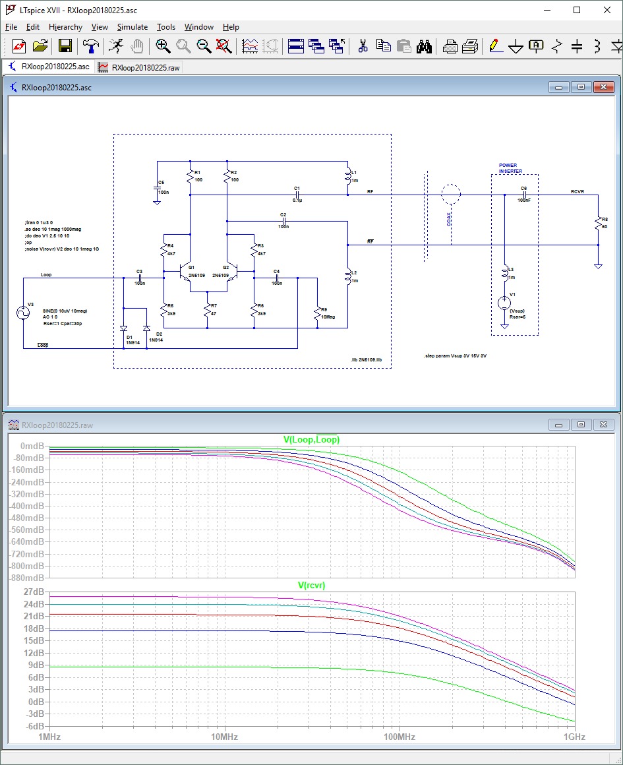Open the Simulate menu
132,27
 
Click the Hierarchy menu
65,27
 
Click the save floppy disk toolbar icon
65,46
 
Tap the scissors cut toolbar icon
362,46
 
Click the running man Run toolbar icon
115,46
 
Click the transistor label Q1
191,267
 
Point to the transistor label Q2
225,267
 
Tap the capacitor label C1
297,189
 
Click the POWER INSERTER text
510,168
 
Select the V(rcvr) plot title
311,585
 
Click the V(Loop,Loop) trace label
311,440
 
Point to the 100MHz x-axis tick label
398,737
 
